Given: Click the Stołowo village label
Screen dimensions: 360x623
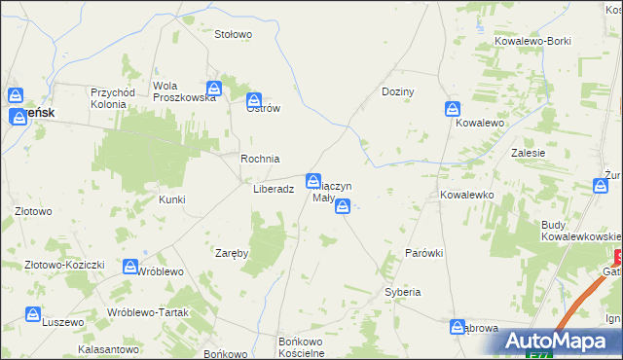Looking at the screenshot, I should point(234,34).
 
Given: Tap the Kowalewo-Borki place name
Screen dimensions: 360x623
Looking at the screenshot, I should point(531,43).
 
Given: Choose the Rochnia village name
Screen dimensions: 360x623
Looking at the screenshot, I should point(260,159).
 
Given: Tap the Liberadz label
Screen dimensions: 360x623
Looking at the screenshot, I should point(274,190).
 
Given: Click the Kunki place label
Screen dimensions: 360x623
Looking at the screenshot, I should point(171,199).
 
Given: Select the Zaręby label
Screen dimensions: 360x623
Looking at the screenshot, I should point(233,253).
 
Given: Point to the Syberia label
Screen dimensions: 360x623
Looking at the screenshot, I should point(402,292).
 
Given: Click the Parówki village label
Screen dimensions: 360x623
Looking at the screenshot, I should point(424,253).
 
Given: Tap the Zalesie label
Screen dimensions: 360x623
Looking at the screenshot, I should point(527,153).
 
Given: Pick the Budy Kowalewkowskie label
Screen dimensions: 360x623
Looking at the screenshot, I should point(581,231).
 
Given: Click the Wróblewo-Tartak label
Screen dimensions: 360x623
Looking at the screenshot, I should point(147,311).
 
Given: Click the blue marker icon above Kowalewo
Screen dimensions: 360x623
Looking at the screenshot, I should point(453,108).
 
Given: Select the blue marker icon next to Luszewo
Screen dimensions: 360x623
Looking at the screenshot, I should point(33,315).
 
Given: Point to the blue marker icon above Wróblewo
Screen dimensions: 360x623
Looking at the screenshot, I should point(130,266).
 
